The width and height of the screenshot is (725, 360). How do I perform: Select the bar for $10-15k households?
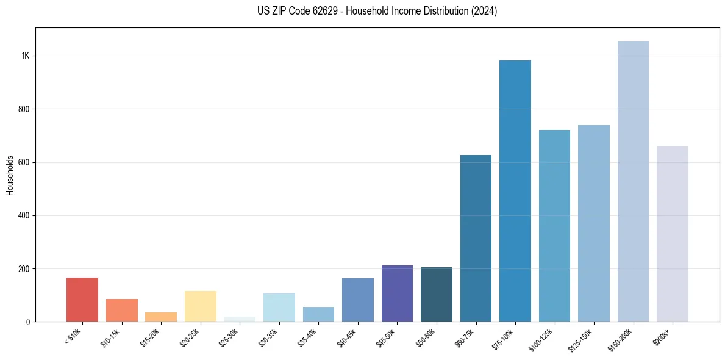(121, 310)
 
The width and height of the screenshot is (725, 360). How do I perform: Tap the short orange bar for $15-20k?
(161, 317)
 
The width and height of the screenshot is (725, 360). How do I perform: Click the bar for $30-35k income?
(279, 308)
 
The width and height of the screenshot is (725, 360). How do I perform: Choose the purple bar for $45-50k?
(397, 293)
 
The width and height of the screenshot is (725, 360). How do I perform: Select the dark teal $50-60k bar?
(437, 295)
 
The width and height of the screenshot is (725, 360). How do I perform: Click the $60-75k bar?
(476, 238)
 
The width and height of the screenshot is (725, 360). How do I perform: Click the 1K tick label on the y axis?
(25, 56)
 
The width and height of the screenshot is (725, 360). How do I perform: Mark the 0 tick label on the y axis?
(27, 322)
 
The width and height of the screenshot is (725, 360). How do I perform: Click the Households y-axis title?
(10, 175)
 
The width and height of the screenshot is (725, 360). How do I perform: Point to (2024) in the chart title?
(485, 11)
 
